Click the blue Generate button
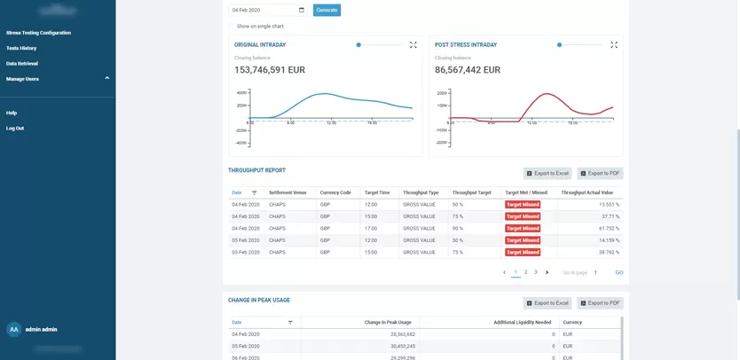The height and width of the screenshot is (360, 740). tap(327, 10)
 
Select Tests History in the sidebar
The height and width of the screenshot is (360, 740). tap(21, 48)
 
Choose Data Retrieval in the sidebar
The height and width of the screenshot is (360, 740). tap(22, 64)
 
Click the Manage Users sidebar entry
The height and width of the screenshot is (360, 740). tap(23, 79)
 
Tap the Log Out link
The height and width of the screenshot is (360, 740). tap(15, 129)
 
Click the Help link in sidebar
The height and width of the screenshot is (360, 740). tap(12, 113)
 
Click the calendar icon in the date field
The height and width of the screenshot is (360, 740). tap(302, 10)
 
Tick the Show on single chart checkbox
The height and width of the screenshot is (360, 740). tap(232, 27)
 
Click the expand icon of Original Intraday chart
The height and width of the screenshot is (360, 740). tap(413, 44)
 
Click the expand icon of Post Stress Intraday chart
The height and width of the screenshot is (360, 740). tap(614, 44)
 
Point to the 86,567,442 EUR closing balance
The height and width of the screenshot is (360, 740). tap(468, 70)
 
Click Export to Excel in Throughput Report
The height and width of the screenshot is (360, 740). tap(547, 174)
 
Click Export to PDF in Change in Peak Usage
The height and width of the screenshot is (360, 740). tap(600, 303)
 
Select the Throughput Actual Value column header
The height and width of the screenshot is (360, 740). tap(586, 192)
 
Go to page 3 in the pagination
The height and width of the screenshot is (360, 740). tap(536, 272)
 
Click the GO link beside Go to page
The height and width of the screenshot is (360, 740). tap(619, 273)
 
